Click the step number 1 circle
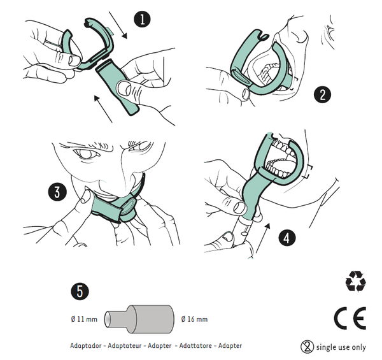(x=142, y=19)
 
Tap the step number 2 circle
(x=323, y=94)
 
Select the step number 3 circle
(x=57, y=192)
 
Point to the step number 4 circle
(x=286, y=238)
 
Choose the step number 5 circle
(x=80, y=291)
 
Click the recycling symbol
(x=355, y=281)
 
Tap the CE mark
(x=350, y=319)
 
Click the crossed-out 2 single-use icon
(x=308, y=347)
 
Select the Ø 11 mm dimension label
(x=84, y=319)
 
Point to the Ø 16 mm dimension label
(x=194, y=319)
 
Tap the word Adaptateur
(x=125, y=345)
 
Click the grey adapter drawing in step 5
(x=139, y=319)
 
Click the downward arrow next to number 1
(x=118, y=25)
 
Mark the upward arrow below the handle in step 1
(x=103, y=109)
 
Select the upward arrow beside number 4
(x=263, y=238)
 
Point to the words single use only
(x=341, y=347)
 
